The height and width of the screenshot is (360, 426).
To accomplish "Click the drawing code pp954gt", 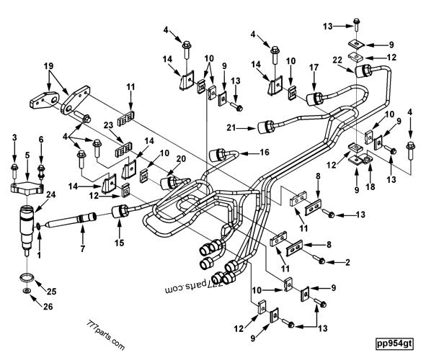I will (x=395, y=343).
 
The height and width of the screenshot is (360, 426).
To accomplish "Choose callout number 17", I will (x=314, y=67).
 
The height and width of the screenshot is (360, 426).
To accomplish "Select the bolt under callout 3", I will (x=14, y=169).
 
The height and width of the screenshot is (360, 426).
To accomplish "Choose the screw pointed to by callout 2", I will (x=321, y=259).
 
